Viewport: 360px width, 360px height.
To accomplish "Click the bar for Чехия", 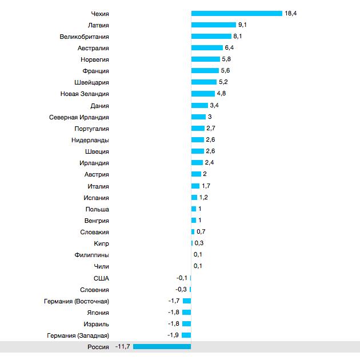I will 237,13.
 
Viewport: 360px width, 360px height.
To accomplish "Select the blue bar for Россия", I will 162,346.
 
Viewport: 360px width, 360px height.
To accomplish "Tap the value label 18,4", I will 290,13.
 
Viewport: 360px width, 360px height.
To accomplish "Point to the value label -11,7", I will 123,346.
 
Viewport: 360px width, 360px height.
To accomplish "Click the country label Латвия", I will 98,25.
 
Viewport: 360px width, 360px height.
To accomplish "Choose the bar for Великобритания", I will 211,37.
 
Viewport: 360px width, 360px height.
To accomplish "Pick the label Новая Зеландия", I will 85,94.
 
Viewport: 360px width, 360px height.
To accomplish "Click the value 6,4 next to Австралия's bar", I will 229,48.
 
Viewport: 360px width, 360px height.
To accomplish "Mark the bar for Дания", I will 199,106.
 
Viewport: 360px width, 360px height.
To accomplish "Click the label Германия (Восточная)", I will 76,301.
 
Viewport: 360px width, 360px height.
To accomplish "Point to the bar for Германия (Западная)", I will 187,335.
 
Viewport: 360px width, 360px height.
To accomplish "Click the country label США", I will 101,278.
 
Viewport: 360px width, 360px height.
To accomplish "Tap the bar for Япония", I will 187,313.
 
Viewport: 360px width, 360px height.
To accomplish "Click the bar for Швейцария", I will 204,82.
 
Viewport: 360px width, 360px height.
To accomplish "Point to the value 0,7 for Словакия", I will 201,232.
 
